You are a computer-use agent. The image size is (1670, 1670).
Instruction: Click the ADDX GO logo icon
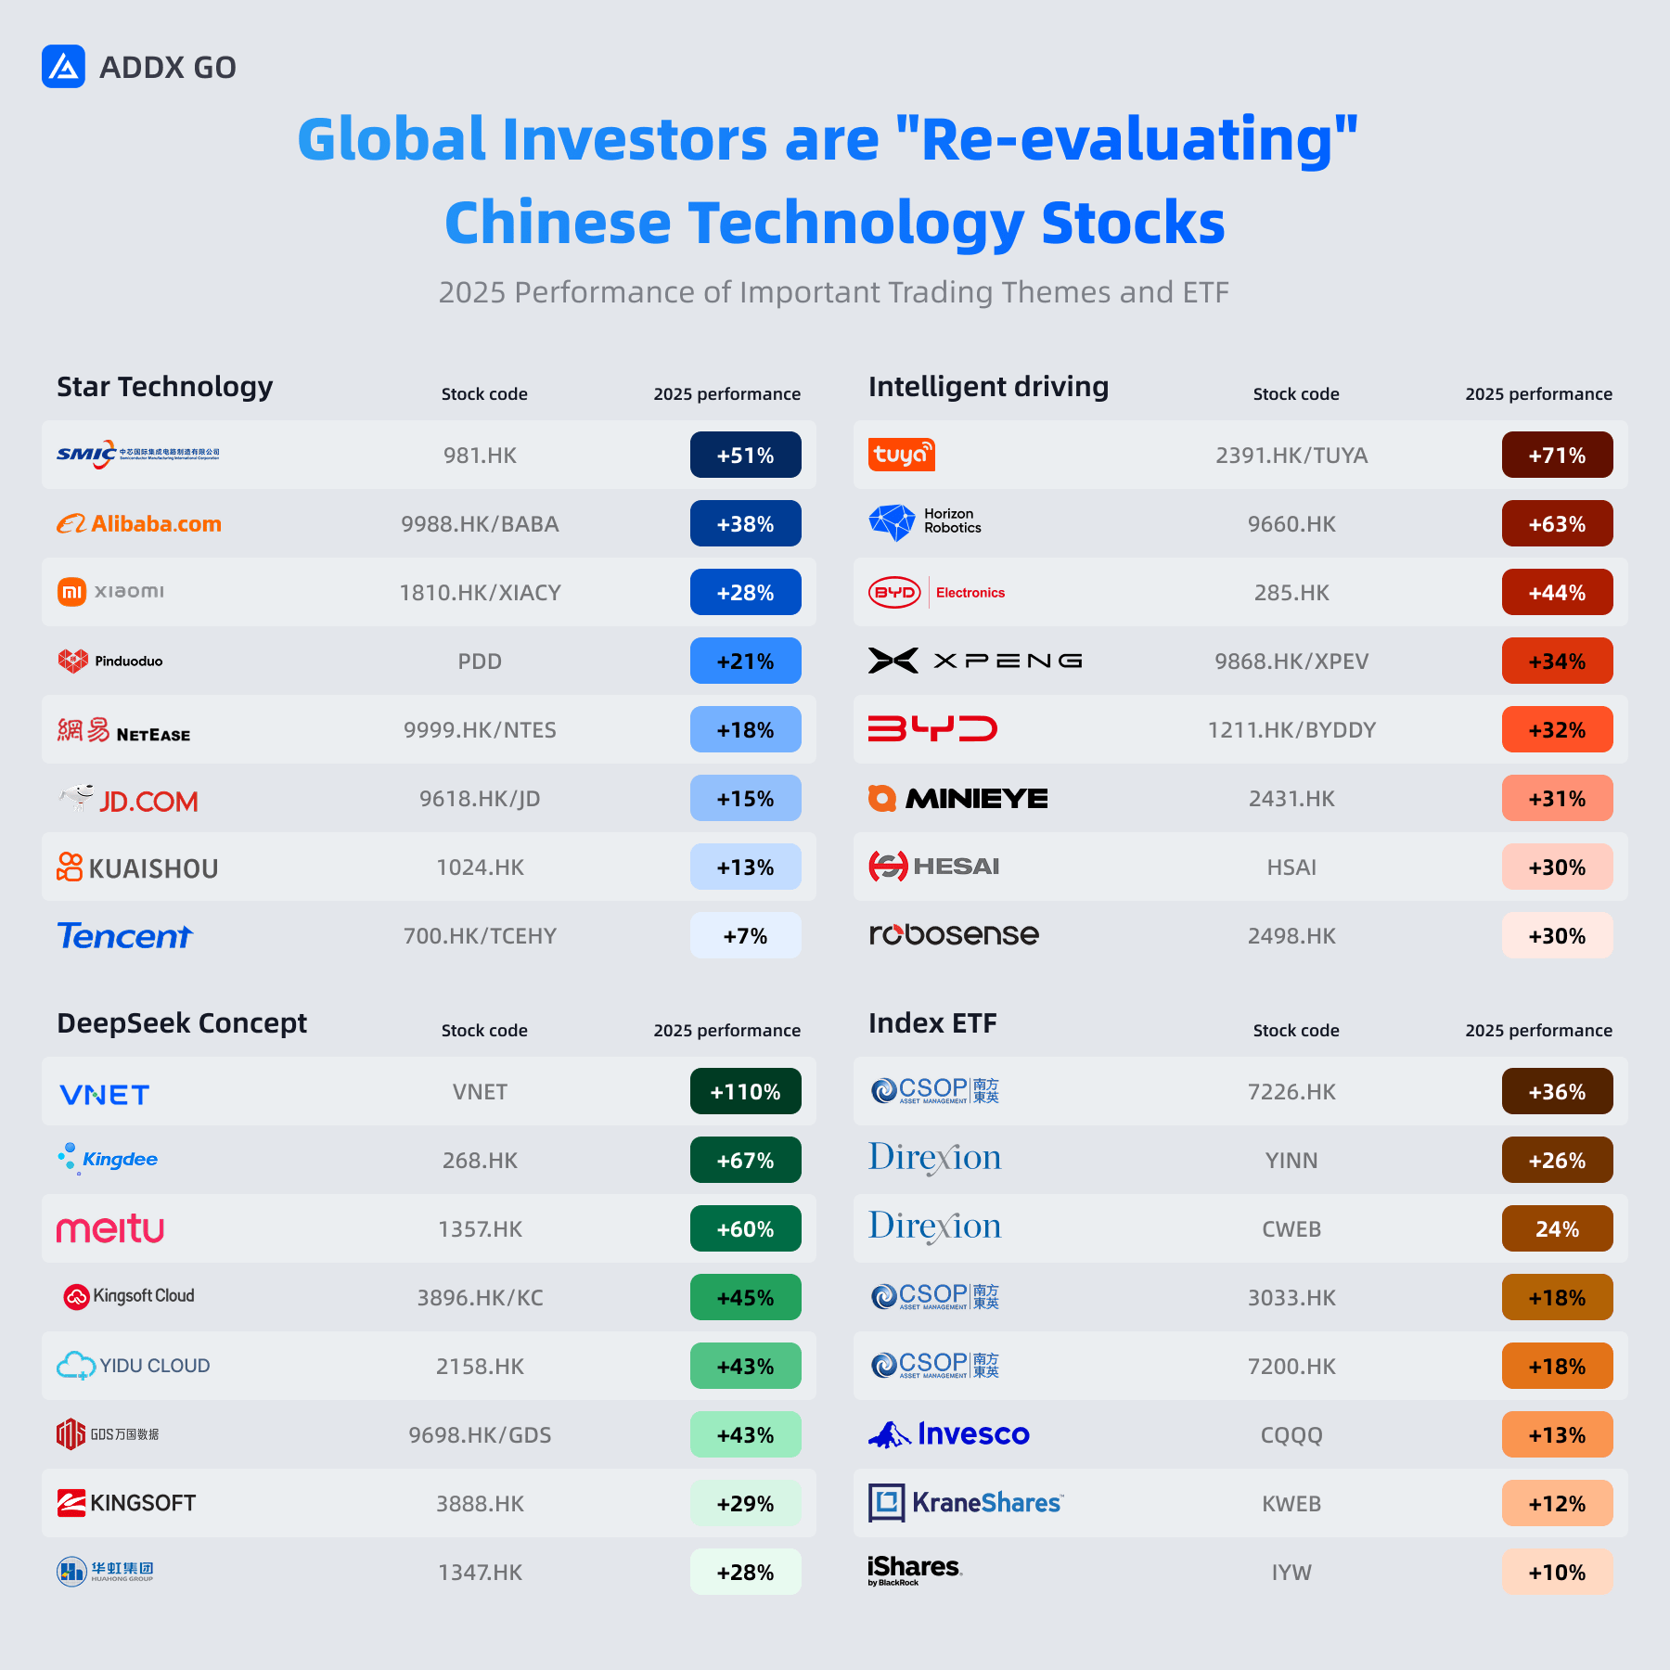pos(63,67)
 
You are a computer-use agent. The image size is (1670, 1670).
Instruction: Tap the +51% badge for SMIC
pos(745,455)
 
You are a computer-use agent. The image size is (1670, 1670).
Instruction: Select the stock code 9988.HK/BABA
pos(480,524)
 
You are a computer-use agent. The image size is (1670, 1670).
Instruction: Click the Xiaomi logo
pos(110,591)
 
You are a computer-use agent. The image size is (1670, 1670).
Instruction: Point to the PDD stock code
pos(480,662)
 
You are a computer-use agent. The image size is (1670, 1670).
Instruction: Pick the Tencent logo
pos(125,935)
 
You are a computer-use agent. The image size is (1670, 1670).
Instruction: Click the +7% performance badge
pos(745,935)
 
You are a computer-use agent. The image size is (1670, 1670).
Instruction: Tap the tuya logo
pos(901,455)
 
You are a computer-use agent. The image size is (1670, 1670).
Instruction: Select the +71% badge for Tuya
pos(1557,455)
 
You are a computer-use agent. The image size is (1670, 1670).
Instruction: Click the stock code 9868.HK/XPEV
pos(1291,662)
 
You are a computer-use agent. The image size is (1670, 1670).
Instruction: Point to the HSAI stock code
pos(1291,867)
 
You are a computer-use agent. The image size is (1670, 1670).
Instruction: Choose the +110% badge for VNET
pos(745,1091)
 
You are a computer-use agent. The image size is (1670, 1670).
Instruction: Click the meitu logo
pos(110,1228)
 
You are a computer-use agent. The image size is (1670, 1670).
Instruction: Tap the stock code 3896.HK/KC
pos(480,1298)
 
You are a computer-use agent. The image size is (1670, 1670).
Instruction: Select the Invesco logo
pos(948,1434)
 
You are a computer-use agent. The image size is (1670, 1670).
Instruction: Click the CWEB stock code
pos(1291,1229)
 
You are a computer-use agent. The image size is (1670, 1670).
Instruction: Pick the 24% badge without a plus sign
pos(1557,1228)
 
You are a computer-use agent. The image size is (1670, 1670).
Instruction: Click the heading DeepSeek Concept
pos(182,1022)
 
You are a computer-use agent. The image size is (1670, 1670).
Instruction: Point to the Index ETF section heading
pos(932,1022)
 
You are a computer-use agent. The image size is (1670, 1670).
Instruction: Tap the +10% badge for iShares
pos(1557,1572)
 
